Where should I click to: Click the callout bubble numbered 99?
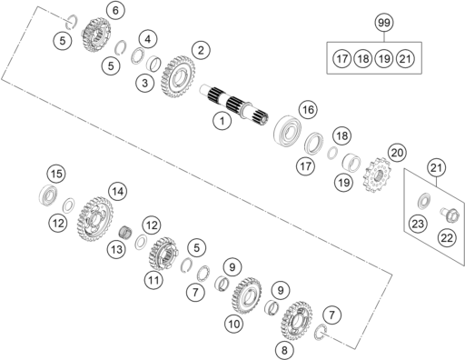[x=384, y=23]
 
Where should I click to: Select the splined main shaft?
[x=234, y=105]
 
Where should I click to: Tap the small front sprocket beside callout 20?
[x=377, y=175]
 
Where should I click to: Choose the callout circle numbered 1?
[x=222, y=121]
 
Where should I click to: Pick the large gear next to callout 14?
[x=94, y=219]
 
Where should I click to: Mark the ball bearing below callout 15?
[x=48, y=195]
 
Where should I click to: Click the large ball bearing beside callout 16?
[x=287, y=129]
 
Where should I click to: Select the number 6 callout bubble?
[x=115, y=11]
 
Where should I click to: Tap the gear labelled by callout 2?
[x=178, y=76]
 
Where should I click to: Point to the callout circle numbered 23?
[x=418, y=224]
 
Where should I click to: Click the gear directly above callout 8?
[x=297, y=321]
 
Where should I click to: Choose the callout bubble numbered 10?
[x=233, y=325]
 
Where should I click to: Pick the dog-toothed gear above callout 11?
[x=163, y=254]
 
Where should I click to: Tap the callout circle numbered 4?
[x=148, y=39]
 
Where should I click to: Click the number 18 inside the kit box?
[x=363, y=58]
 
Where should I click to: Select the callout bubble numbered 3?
[x=144, y=83]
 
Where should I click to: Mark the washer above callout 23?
[x=424, y=201]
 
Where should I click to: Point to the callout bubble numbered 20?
[x=397, y=153]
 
